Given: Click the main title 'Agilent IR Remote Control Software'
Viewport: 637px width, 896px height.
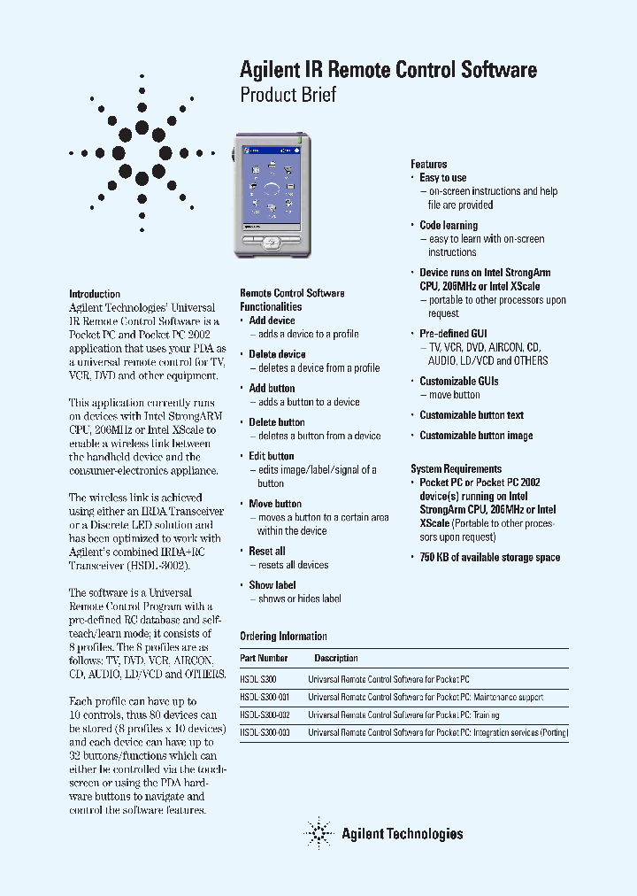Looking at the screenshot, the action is (388, 70).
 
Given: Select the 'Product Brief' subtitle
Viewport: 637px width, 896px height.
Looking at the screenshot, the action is (288, 95).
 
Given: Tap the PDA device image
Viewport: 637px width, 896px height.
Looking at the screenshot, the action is (272, 194).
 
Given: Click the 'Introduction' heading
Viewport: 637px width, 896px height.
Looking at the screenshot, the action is (95, 294).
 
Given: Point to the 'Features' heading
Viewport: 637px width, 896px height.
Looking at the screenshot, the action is (428, 164).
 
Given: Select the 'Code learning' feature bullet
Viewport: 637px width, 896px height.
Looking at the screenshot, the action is (448, 225).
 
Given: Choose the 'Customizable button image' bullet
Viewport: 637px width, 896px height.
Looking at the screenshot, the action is (476, 436).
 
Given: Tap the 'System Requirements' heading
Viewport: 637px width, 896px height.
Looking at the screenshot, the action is (456, 469).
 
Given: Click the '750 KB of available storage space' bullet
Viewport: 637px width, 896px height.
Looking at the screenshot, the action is (489, 557).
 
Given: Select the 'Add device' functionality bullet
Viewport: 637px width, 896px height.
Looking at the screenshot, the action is (272, 321).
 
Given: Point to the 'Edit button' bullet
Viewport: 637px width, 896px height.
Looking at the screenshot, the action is (271, 456).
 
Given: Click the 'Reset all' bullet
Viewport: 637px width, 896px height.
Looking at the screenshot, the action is (266, 551).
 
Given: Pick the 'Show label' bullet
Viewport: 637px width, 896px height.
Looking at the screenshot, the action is (272, 585).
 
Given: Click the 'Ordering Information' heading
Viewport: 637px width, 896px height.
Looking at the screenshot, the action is (283, 637).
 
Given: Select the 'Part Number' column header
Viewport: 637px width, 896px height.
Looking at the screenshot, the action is (264, 658).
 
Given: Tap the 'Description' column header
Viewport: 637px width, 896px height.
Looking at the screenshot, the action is (336, 658).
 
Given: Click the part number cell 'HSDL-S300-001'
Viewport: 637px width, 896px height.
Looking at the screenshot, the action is (265, 697).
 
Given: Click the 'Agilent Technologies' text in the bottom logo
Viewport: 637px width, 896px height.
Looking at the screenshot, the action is (402, 833).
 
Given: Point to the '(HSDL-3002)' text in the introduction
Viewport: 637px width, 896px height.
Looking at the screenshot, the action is (159, 565).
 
